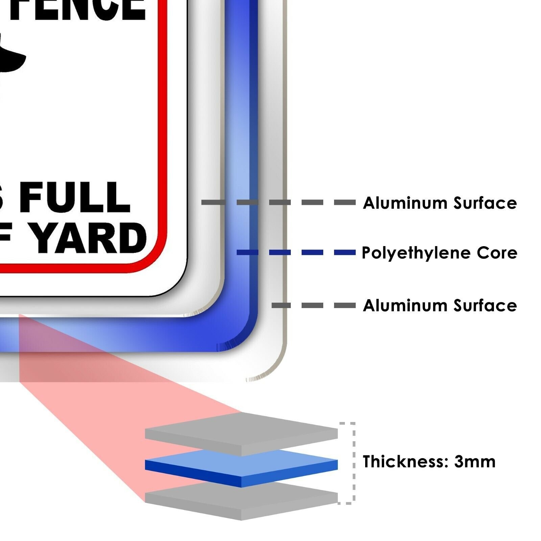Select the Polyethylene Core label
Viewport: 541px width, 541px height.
[x=439, y=253]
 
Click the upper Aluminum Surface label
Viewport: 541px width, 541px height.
[x=440, y=203]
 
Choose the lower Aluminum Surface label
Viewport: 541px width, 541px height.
[x=440, y=305]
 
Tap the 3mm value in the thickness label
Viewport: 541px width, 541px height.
[x=475, y=462]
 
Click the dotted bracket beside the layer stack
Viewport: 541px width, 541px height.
[x=353, y=463]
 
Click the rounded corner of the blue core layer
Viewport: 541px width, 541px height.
[x=243, y=338]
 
